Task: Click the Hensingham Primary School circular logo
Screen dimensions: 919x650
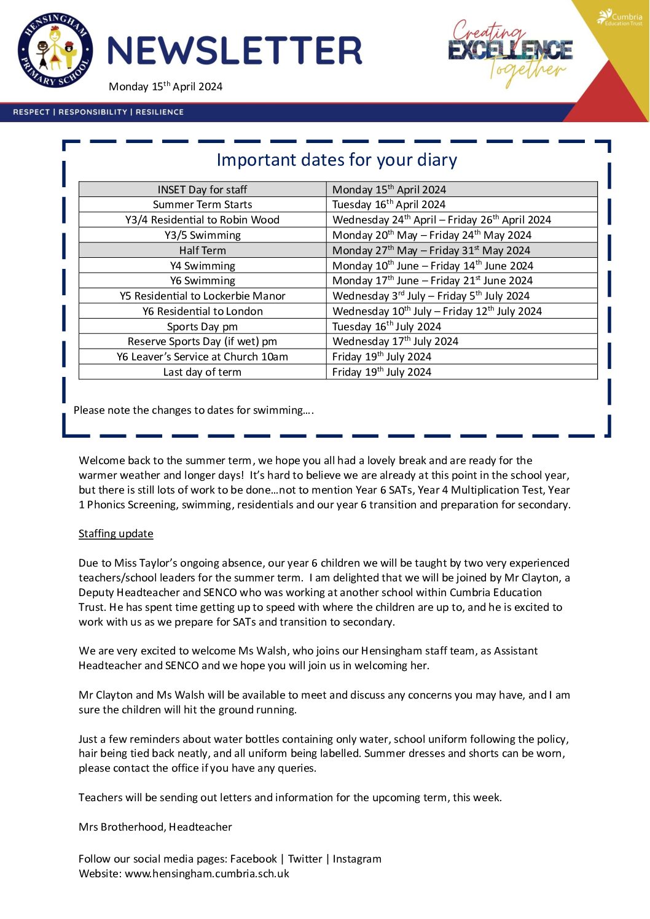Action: tap(55, 52)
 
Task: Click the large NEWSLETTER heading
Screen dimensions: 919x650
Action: tap(234, 51)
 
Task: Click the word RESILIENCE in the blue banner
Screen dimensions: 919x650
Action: tap(160, 112)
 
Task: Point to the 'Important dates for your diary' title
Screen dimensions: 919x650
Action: tap(337, 160)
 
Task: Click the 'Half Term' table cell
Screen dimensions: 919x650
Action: tap(203, 250)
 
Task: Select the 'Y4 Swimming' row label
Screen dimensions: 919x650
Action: tap(203, 266)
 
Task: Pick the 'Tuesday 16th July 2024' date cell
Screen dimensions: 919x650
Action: tap(386, 327)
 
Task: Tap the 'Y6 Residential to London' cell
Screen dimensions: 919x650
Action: tap(203, 311)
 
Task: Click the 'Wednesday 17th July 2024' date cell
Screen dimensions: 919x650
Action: tap(395, 341)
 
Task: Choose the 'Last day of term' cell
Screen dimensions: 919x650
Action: tap(202, 372)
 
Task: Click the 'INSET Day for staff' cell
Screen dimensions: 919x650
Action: tap(202, 190)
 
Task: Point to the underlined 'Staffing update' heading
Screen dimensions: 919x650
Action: tap(116, 533)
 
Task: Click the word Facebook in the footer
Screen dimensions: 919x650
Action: tap(253, 859)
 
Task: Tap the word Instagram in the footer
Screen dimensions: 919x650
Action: tap(357, 859)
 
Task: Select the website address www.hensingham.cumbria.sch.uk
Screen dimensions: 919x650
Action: tap(207, 874)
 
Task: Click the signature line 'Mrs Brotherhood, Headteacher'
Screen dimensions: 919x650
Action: tap(155, 827)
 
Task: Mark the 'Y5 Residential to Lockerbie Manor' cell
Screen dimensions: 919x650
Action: tap(203, 296)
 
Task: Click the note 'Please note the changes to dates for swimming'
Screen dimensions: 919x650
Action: tap(194, 410)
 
